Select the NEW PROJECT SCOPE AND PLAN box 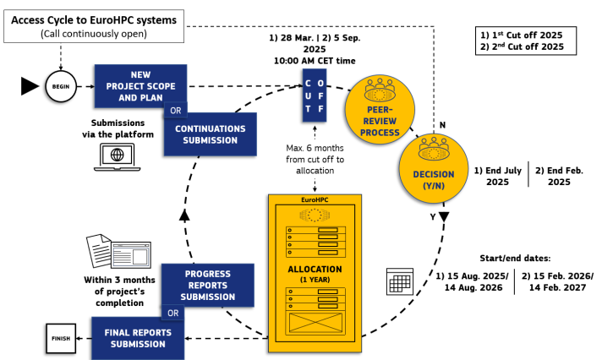(140, 85)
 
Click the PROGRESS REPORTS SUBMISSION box (207, 284)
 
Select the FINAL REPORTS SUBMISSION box (139, 337)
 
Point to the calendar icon (397, 281)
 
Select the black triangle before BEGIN (29, 85)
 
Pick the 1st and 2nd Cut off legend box (527, 41)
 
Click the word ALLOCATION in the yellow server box (314, 269)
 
